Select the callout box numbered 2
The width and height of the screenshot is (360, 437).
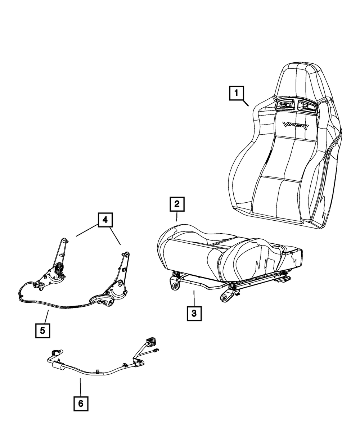click(177, 204)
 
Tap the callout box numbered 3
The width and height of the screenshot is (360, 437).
click(194, 313)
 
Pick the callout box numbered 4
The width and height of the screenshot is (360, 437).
click(104, 220)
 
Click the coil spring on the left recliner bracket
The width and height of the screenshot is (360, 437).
click(59, 269)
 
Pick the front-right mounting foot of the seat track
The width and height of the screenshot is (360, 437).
click(226, 297)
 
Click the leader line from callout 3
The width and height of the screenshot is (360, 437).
click(194, 297)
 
